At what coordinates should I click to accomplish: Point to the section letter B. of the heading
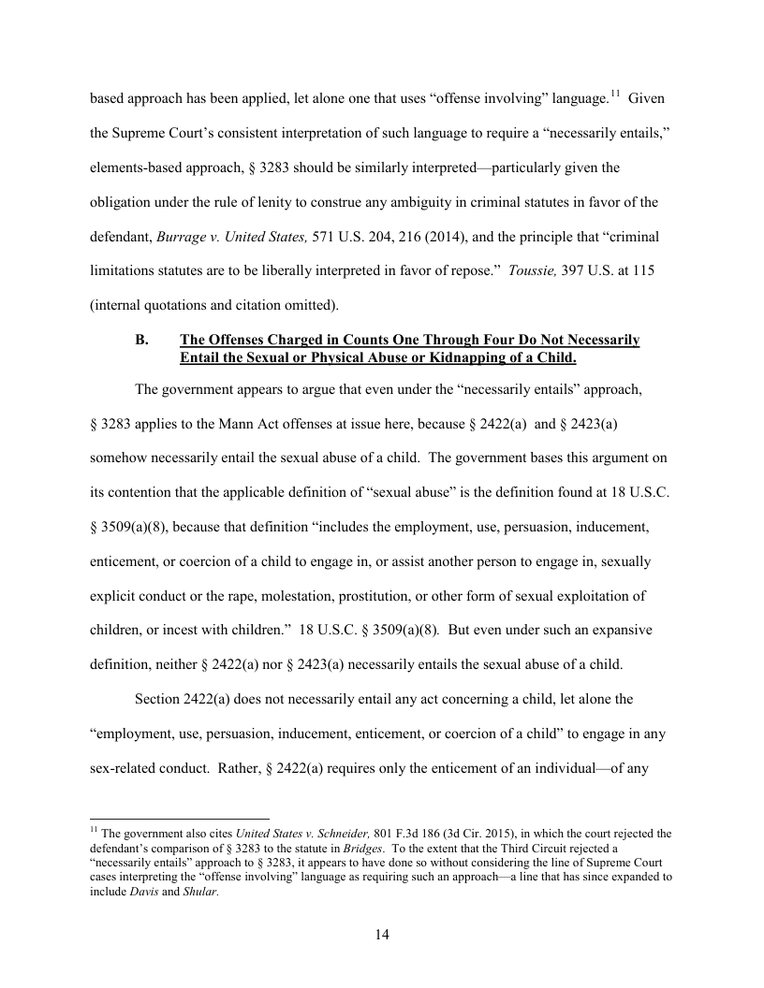[142, 340]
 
